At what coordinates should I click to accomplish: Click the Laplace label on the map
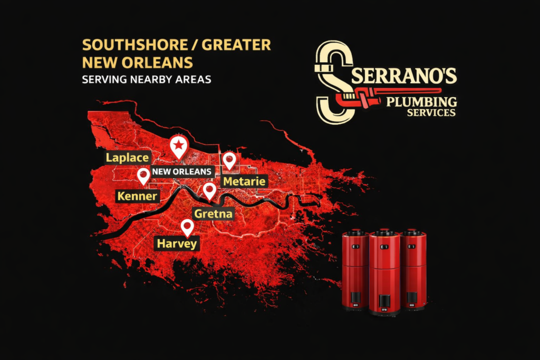(x=128, y=158)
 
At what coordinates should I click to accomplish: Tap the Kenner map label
(x=137, y=197)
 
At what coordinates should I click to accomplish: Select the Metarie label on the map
(x=245, y=181)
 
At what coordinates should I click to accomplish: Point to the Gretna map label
(x=213, y=213)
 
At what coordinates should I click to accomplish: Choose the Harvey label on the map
(x=177, y=244)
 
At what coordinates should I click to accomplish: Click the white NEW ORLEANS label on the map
(x=182, y=172)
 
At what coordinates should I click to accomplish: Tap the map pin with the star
(x=179, y=146)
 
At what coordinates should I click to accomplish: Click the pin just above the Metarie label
(x=229, y=160)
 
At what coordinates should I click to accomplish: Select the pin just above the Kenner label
(x=143, y=176)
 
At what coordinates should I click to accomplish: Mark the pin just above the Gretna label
(x=209, y=190)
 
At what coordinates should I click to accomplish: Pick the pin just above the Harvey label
(x=187, y=227)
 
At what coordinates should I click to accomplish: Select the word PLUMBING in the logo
(x=421, y=101)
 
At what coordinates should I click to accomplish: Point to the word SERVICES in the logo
(x=431, y=112)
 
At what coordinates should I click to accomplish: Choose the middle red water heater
(x=384, y=271)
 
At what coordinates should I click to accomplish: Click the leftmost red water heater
(x=355, y=269)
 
